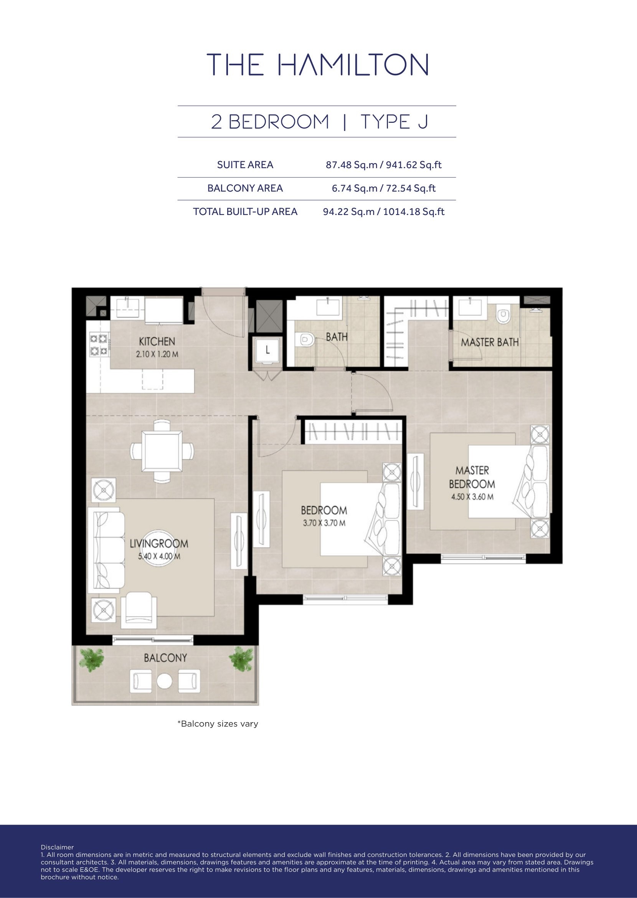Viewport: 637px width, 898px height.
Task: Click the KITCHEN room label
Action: point(157,341)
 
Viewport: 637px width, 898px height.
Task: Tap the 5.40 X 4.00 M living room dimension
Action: point(159,556)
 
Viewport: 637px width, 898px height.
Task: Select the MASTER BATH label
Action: point(490,342)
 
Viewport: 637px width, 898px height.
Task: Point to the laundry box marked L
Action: point(267,350)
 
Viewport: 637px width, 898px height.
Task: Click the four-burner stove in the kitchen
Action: point(99,344)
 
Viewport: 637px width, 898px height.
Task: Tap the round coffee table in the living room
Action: point(158,549)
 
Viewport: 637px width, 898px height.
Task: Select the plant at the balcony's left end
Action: point(91,659)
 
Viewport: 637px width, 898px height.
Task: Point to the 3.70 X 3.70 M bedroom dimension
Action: point(324,523)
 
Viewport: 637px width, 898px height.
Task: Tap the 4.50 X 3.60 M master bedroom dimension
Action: point(472,496)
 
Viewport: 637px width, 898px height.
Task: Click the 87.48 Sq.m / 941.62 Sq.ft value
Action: point(384,165)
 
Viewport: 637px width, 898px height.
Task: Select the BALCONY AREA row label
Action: point(245,189)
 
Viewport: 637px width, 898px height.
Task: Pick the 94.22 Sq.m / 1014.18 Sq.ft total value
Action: point(384,212)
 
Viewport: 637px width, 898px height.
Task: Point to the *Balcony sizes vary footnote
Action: point(218,724)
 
